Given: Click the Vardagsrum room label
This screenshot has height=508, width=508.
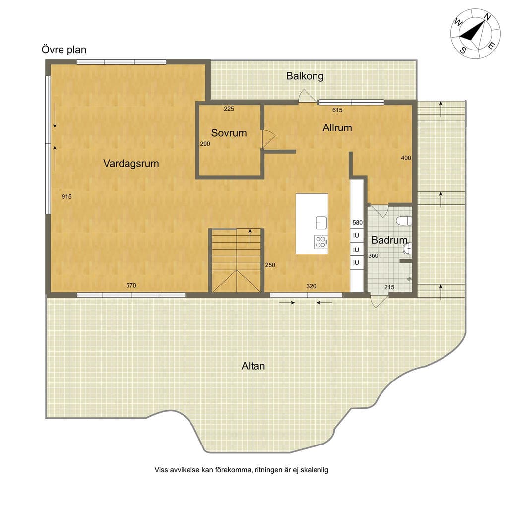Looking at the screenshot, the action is coord(131,163).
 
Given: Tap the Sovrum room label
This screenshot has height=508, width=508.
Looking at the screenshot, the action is coord(229,133).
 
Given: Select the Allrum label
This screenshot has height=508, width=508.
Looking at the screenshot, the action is coord(337,127).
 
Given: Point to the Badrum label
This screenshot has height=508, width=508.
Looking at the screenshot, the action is coord(389,240).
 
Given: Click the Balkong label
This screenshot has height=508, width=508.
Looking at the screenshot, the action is coord(305,76).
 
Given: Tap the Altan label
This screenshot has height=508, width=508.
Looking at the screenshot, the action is coord(253,366).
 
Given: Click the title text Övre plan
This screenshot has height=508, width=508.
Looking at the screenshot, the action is coord(64,50).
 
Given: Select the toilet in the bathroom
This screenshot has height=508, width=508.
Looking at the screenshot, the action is coord(404,221).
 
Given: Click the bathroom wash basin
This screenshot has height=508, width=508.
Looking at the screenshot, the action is coord(408,249).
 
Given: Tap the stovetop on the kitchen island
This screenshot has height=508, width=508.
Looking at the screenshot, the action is coord(321,242).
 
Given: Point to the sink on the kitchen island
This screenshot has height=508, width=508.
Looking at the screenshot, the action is coord(321,223).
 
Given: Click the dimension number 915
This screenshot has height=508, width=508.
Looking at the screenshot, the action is coord(67,196).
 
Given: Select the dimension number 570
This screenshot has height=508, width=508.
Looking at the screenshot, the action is coord(131,285).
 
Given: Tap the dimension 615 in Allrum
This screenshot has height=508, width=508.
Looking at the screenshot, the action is coord(337,110).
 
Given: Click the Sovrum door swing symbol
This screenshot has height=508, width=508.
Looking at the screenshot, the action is coord(268,139).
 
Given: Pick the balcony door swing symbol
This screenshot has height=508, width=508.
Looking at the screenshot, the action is coord(307,96).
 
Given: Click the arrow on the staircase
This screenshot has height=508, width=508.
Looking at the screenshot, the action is coord(250,236).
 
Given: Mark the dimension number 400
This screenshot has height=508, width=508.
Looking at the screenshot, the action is coord(406,158).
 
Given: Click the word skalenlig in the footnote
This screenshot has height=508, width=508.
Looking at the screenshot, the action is coord(314,470).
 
